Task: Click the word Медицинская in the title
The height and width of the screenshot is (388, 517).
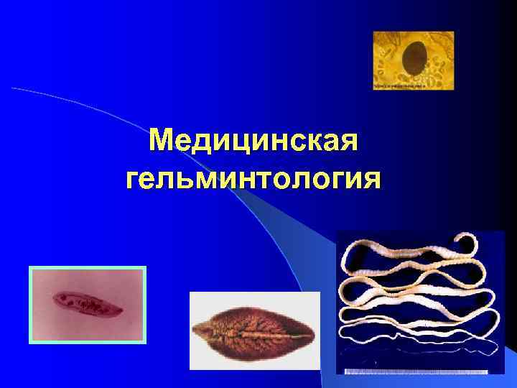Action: click(253, 141)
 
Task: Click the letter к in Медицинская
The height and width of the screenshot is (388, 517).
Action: click(306, 141)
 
